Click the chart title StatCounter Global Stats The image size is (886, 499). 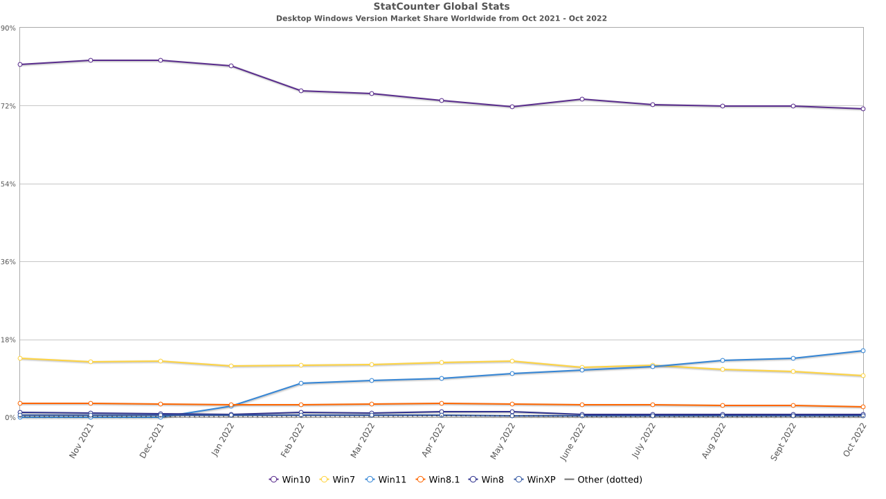(442, 7)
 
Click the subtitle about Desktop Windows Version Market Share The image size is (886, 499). (442, 19)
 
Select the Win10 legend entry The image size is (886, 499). (290, 480)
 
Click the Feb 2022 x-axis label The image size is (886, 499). (293, 440)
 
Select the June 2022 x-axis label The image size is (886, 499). (574, 440)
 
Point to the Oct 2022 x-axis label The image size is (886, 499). (855, 440)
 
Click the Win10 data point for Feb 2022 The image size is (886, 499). (301, 91)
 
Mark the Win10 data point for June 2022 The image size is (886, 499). (582, 99)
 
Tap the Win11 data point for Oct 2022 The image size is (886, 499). (863, 351)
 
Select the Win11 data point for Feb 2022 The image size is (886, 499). (301, 383)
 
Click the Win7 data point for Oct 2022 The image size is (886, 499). (863, 376)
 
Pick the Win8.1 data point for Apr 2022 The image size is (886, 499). (442, 403)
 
